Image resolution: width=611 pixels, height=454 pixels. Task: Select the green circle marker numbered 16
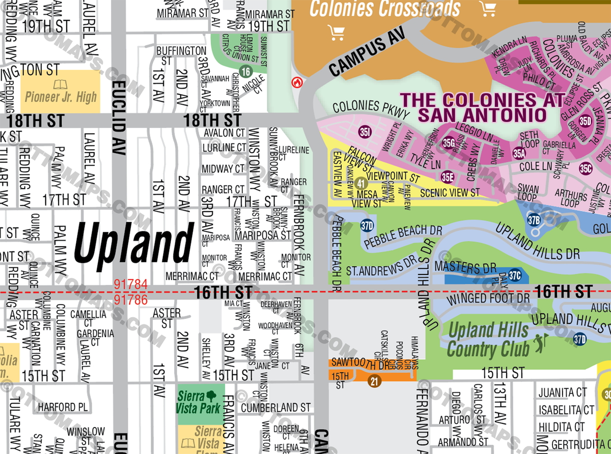coord(246,71)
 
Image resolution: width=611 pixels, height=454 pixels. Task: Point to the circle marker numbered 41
coord(361,184)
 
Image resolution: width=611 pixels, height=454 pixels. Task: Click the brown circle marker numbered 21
coord(375,382)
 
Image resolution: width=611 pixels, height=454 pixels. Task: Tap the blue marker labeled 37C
coord(515,276)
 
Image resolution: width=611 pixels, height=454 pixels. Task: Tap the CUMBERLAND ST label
coord(275,407)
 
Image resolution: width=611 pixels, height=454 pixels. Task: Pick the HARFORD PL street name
coord(63,407)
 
